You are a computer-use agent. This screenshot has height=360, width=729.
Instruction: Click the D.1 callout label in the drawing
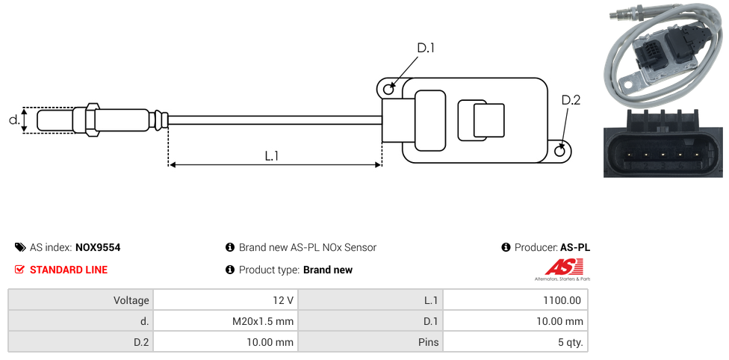pos(426,48)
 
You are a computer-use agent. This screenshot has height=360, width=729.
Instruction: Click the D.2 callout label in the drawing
pos(571,100)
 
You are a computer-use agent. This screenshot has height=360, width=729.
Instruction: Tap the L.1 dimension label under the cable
pos(272,155)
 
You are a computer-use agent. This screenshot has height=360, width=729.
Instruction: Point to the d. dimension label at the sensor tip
pos(14,120)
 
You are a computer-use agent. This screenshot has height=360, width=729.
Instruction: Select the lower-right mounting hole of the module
pos(560,151)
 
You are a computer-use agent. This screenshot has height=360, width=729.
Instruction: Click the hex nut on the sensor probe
pos(92,120)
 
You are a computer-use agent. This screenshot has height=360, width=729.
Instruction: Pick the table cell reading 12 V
pos(226,300)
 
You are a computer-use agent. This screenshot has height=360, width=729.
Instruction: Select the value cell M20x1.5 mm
pos(226,321)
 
